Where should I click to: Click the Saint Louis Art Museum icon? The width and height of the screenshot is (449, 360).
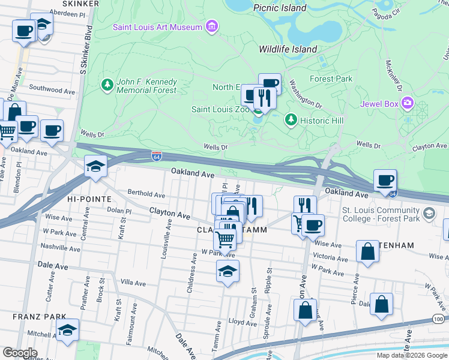click(x=211, y=26)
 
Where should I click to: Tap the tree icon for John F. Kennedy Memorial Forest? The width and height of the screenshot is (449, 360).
click(x=107, y=85)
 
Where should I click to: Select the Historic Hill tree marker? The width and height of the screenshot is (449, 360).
click(x=291, y=120)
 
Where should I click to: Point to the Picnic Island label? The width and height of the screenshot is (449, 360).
click(x=280, y=8)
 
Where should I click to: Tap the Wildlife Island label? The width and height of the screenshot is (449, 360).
click(x=288, y=49)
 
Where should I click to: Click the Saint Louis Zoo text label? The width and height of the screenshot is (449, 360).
click(x=220, y=109)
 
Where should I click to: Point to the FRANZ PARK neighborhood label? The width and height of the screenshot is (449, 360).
click(x=33, y=316)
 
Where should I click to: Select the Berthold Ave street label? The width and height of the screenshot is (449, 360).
click(x=146, y=194)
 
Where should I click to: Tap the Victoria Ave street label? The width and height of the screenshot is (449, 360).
click(x=331, y=256)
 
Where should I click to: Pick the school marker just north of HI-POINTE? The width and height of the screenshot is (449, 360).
click(x=95, y=166)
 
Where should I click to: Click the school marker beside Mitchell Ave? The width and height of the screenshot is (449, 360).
click(x=67, y=330)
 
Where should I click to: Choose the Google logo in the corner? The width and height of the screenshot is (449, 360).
click(x=20, y=353)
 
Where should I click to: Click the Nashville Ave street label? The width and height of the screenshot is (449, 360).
click(x=59, y=247)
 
